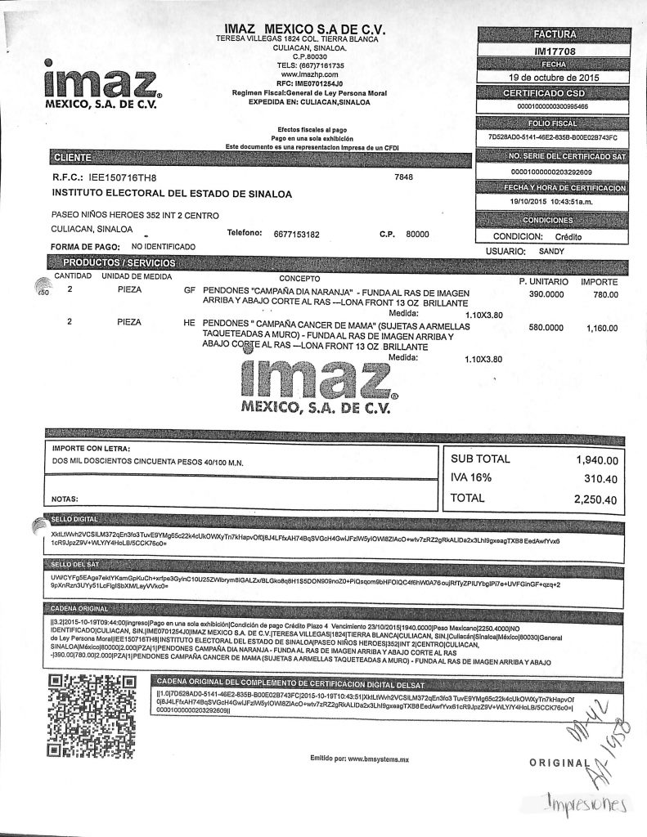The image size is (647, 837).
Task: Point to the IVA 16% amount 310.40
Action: click(x=602, y=479)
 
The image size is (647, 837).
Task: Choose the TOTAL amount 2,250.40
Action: click(x=595, y=498)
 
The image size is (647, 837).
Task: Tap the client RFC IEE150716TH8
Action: click(x=125, y=177)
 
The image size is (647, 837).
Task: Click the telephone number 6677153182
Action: click(x=296, y=234)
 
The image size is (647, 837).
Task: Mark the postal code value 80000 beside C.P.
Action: click(x=417, y=234)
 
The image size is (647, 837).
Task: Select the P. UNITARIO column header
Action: click(x=544, y=281)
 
